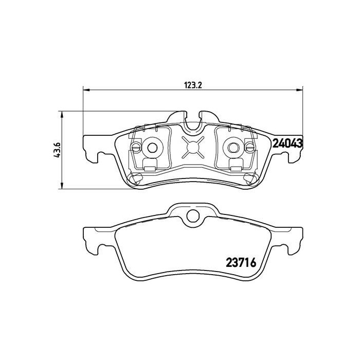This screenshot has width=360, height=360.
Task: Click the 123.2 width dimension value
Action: pos(192,85)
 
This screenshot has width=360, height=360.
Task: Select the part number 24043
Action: pos(286,143)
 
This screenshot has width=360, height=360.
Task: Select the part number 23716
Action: pos(241,261)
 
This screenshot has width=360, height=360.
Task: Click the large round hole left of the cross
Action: pos(152,148)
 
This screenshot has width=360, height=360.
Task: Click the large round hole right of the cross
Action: pos(232,148)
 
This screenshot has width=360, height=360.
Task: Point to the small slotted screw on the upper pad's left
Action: pos(136,148)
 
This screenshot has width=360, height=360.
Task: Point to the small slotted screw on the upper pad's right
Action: pos(249,148)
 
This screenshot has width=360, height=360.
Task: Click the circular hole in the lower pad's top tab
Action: pos(192,216)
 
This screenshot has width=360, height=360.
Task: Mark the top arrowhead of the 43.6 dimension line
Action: pos(62,114)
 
